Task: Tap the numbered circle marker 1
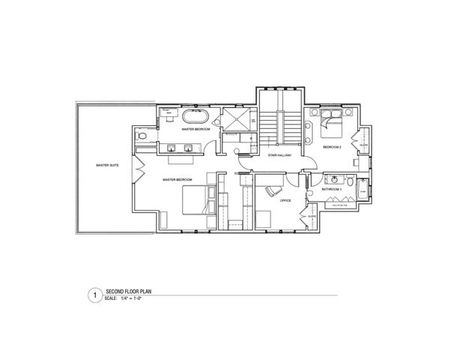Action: coord(94,295)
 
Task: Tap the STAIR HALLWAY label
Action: coord(279,155)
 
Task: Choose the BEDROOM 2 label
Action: coord(332,148)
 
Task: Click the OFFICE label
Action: coord(285,200)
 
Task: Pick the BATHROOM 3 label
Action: coord(331,189)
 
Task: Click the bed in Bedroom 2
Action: coord(333,121)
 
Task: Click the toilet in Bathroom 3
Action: coord(351,181)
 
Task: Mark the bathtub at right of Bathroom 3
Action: coord(363,192)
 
